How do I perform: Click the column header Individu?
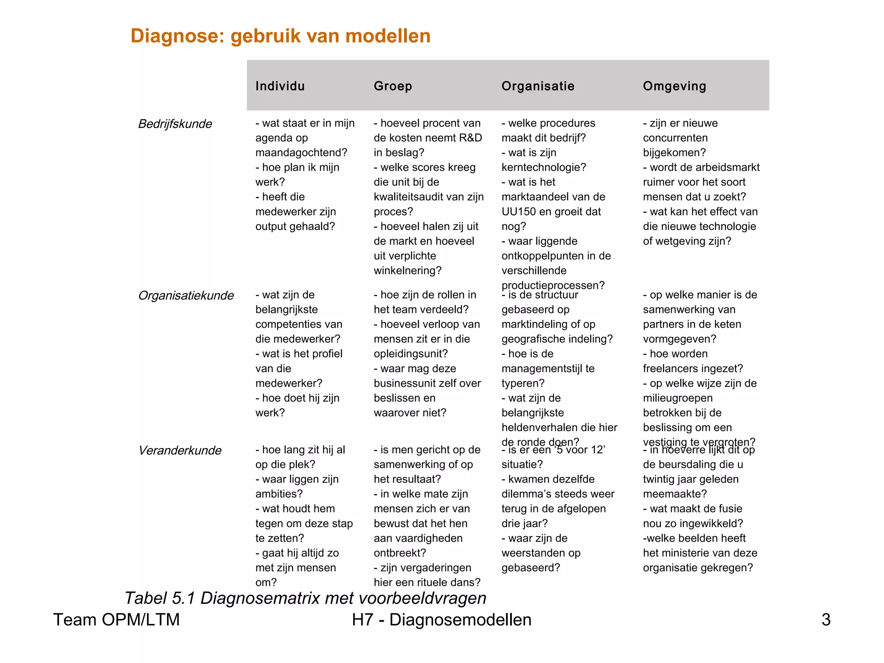point(280,86)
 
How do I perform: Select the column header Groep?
point(393,86)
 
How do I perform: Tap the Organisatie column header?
point(538,86)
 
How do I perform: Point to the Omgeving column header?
point(674,86)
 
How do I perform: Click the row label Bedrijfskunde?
point(175,124)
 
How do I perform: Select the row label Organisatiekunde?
point(186,295)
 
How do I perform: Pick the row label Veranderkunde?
point(180,450)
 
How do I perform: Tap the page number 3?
point(826,620)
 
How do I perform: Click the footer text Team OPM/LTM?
point(116,620)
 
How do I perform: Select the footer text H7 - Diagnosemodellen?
point(442,620)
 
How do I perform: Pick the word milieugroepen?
point(678,398)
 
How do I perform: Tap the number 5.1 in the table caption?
point(183,598)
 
